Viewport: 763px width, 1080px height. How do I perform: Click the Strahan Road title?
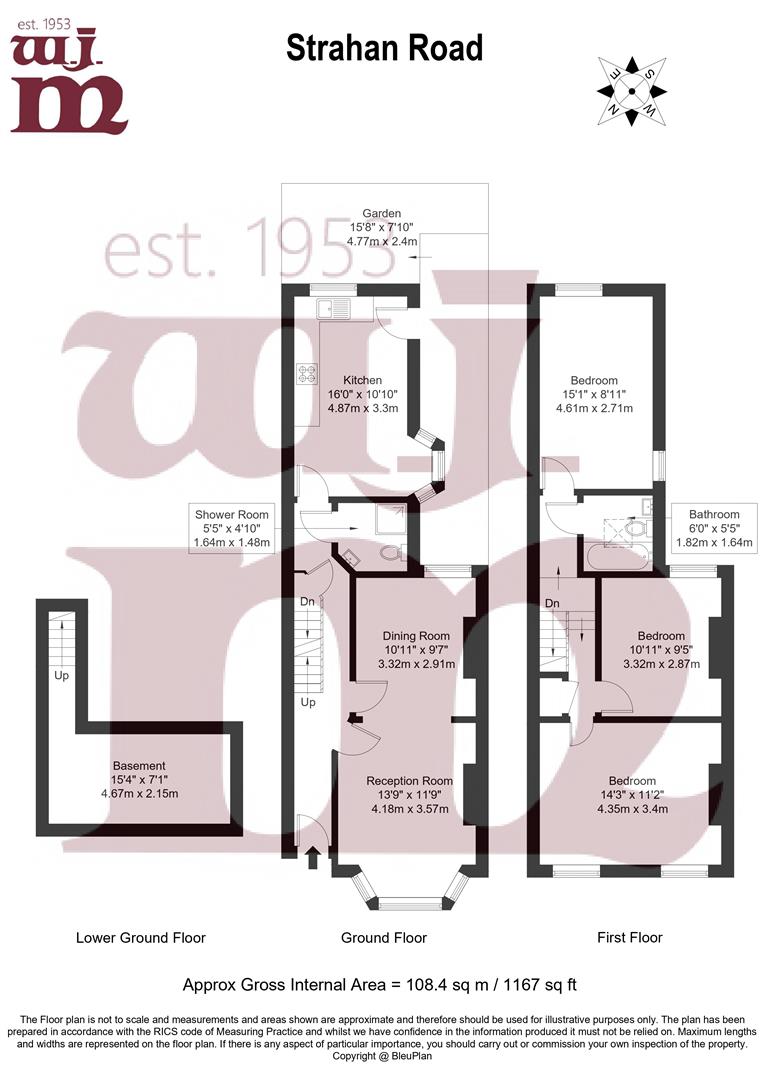pyautogui.click(x=384, y=47)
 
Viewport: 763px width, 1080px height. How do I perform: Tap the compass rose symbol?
pyautogui.click(x=632, y=91)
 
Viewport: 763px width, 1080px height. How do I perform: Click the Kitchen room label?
pyautogui.click(x=362, y=394)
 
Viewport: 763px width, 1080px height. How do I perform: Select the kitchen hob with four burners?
pyautogui.click(x=307, y=374)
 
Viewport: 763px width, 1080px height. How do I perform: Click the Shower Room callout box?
pyautogui.click(x=232, y=528)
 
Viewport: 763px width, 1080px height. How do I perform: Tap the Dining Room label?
pyautogui.click(x=416, y=649)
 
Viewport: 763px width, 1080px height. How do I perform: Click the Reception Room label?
pyautogui.click(x=409, y=795)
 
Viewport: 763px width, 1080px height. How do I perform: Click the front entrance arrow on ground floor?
pyautogui.click(x=312, y=856)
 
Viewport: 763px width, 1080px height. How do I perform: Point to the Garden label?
pyautogui.click(x=382, y=227)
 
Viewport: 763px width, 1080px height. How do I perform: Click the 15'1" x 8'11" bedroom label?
pyautogui.click(x=594, y=394)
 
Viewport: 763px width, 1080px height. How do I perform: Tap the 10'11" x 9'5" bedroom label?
pyautogui.click(x=661, y=650)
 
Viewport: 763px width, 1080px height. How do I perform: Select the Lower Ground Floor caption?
pyautogui.click(x=141, y=938)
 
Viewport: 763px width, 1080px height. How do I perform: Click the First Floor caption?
pyautogui.click(x=629, y=938)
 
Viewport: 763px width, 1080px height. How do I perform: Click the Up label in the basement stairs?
pyautogui.click(x=61, y=676)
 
